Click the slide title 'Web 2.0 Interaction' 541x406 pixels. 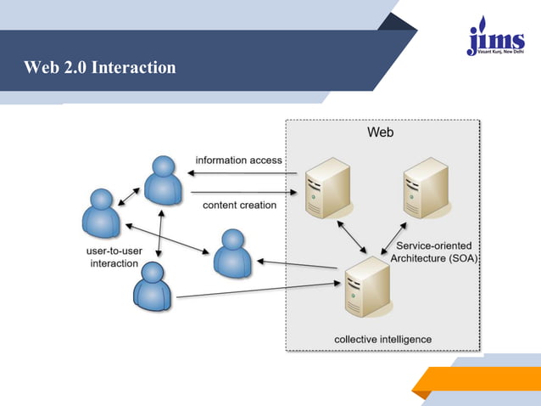click(100, 66)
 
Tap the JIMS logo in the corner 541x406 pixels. click(495, 37)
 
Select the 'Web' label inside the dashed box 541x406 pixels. click(380, 133)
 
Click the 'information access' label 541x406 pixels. click(238, 160)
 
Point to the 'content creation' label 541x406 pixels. click(239, 205)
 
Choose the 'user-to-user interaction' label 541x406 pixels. click(114, 257)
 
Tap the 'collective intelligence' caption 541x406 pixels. click(382, 340)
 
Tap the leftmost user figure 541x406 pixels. click(100, 213)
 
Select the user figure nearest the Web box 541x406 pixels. click(231, 253)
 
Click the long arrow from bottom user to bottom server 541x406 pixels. click(259, 290)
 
